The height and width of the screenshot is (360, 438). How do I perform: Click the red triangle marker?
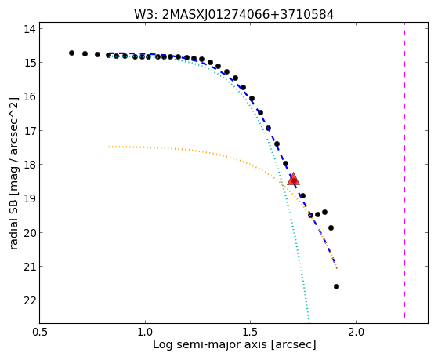click(293, 180)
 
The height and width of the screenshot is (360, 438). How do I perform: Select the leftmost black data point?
click(71, 53)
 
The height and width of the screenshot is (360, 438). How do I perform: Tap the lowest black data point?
click(336, 286)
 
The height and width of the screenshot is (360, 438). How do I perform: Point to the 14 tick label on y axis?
click(30, 29)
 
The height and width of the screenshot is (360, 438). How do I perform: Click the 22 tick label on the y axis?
click(30, 300)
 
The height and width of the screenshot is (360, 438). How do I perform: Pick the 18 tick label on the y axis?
click(30, 165)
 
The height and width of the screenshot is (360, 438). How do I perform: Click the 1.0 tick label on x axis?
click(145, 332)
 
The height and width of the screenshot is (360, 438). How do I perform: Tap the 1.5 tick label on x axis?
click(251, 332)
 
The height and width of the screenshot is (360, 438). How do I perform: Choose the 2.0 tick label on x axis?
click(356, 332)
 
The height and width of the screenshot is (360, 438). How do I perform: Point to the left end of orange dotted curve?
click(109, 147)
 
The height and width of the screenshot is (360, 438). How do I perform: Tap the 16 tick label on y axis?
click(30, 96)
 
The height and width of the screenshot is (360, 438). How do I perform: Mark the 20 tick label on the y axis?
click(30, 233)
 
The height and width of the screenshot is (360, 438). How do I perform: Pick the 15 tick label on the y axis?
click(30, 63)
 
